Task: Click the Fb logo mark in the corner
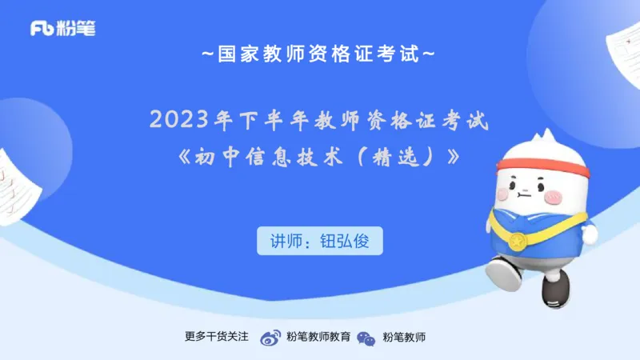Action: coord(42,28)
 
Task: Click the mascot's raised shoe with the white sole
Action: coord(502,272)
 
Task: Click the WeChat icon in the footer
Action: coord(366,338)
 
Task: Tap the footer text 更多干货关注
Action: coord(218,338)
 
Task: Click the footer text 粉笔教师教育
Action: coord(318,338)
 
